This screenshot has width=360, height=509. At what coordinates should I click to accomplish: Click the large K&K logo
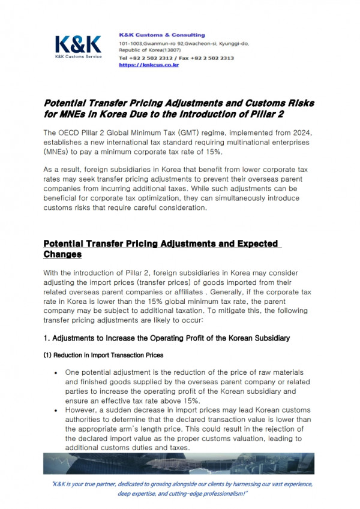[x=78, y=44]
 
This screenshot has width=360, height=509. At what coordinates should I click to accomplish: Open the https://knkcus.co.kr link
[x=149, y=65]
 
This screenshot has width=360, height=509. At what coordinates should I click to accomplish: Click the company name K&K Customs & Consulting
[x=162, y=35]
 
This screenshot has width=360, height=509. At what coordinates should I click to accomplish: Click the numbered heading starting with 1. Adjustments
[x=167, y=338]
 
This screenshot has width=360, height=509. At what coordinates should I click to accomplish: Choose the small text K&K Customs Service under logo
[x=78, y=57]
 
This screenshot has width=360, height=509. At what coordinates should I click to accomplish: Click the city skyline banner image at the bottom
[x=180, y=464]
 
